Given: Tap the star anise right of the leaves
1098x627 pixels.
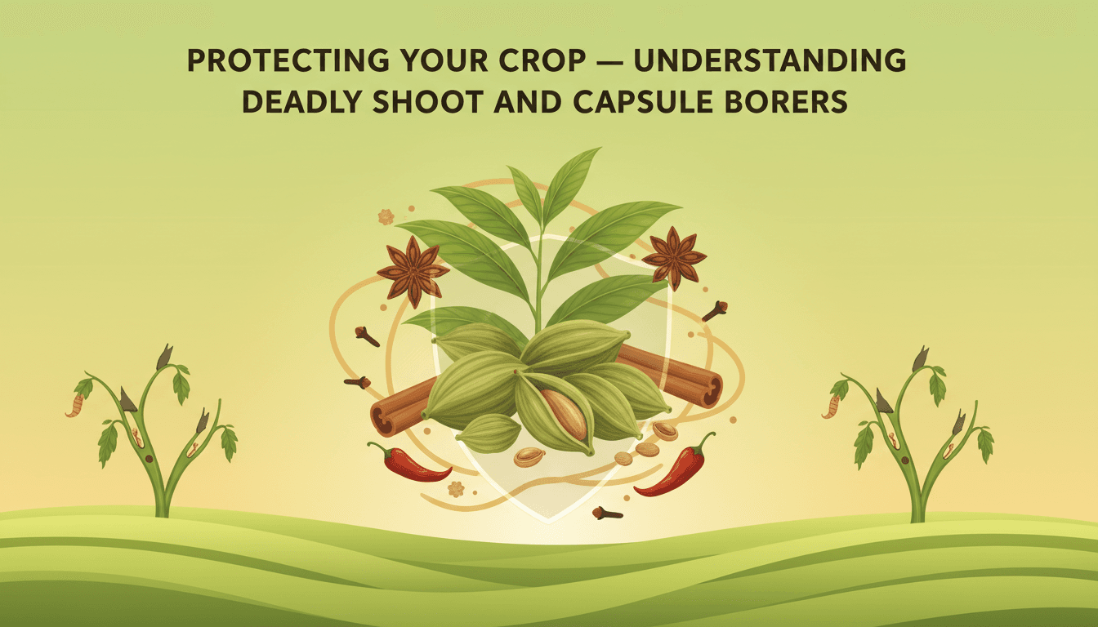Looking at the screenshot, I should [674, 258].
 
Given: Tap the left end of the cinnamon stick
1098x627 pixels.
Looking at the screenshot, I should [383, 417].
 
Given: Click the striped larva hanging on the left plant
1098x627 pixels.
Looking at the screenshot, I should [74, 405].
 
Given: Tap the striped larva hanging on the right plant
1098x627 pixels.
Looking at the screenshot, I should [831, 405].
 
